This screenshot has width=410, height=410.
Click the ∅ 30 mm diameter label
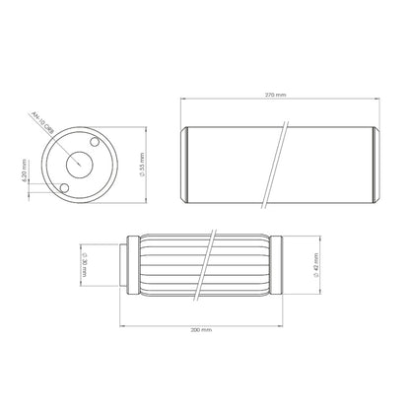[86, 264]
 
